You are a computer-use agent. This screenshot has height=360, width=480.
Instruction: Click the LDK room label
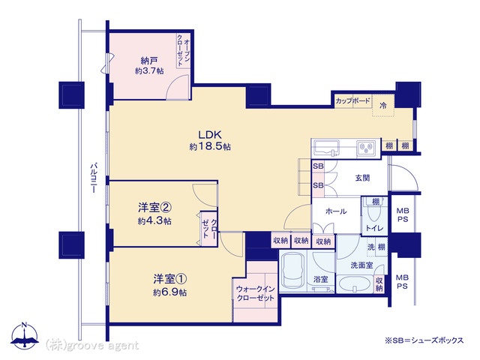[x=210, y=135]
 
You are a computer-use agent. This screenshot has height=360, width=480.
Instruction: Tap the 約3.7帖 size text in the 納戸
[x=149, y=71]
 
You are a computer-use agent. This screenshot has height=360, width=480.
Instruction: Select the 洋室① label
[x=170, y=279]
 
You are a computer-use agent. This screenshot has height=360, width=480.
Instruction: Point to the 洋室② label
[x=154, y=208]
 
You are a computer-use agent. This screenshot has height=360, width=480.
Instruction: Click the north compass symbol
[x=25, y=335]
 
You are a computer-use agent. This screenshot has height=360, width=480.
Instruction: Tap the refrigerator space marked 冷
[x=383, y=106]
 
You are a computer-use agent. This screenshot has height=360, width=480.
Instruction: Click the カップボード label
[x=353, y=100]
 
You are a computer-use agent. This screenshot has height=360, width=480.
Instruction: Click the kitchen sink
[x=325, y=147]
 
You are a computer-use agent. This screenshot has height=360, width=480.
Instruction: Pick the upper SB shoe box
[x=318, y=166]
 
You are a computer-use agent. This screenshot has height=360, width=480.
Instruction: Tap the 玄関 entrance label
[x=362, y=178]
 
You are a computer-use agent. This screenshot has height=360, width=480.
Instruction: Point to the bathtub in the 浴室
[x=293, y=271]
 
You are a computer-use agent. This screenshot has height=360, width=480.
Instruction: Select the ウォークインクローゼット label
[x=256, y=293]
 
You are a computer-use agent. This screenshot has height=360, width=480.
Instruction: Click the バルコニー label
[x=93, y=178]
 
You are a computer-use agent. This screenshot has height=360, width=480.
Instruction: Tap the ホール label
[x=336, y=211]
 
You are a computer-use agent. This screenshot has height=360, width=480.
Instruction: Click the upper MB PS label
[x=403, y=215]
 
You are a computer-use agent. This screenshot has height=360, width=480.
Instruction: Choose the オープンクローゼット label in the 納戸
[x=183, y=50]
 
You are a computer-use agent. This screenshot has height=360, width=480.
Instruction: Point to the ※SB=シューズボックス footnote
[x=424, y=340]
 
